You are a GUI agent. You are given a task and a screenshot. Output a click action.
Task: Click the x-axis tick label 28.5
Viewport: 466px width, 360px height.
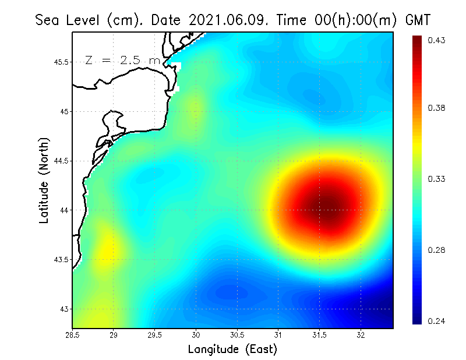pos(72,335)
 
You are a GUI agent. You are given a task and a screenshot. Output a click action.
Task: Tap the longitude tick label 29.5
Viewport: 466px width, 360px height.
pos(155,335)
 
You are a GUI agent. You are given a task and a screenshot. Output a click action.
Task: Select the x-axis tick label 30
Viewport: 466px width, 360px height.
pos(196,335)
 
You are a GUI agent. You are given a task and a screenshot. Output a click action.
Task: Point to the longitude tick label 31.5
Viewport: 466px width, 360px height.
pos(320,335)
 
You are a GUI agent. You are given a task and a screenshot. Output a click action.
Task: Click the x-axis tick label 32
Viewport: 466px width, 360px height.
pos(361,335)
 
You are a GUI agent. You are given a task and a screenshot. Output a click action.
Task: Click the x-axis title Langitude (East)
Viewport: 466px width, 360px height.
pos(232,350)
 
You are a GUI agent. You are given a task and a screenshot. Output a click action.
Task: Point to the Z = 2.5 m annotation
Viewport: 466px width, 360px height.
pos(122,60)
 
